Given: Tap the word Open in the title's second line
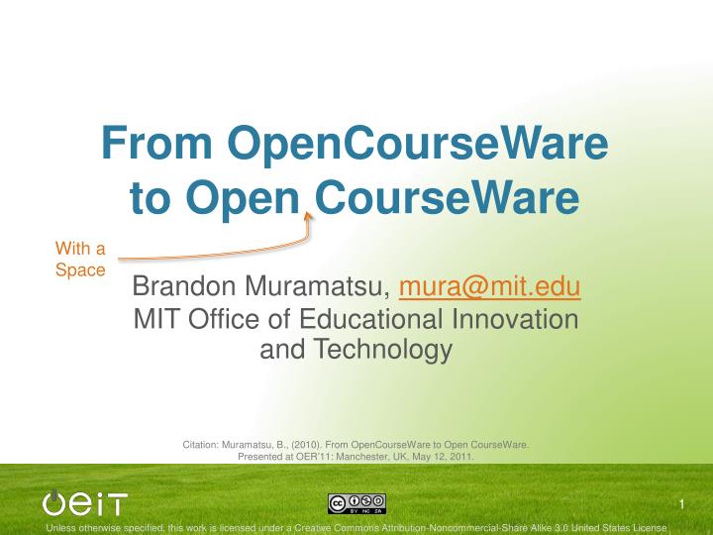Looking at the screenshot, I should coord(250,198).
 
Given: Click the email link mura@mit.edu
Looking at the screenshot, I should coord(489,286).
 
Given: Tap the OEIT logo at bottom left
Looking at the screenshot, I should coord(85,503).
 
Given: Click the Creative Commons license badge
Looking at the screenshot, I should coord(356,504).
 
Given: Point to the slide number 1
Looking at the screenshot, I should coord(682,506).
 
